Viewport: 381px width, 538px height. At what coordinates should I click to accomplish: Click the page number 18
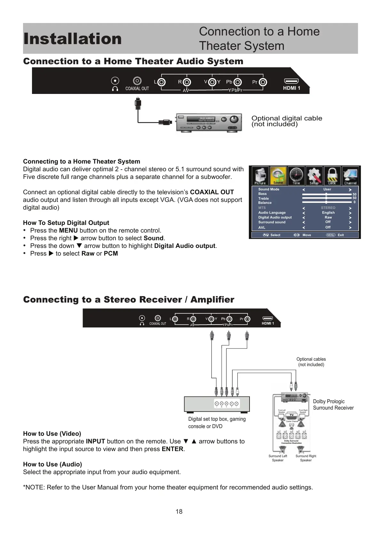[x=179, y=511]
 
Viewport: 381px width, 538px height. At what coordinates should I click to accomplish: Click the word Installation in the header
[x=72, y=39]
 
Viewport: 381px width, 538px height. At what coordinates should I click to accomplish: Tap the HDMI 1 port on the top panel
[x=291, y=81]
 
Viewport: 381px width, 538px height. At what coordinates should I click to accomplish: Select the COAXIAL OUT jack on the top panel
[x=137, y=81]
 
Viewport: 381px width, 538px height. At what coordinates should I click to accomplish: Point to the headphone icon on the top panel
[x=115, y=88]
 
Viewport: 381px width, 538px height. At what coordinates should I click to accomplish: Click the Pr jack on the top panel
[x=263, y=82]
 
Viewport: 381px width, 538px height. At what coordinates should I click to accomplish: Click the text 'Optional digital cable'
[x=287, y=118]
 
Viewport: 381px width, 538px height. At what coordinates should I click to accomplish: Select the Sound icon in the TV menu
[x=278, y=176]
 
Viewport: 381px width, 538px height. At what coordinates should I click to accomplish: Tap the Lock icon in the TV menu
[x=332, y=176]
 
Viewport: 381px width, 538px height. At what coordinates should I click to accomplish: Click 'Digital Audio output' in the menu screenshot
[x=275, y=217]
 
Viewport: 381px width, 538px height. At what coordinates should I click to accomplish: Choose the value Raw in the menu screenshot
[x=328, y=217]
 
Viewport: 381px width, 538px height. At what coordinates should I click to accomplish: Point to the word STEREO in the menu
[x=328, y=208]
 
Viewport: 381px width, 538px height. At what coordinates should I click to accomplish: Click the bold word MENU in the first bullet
[x=68, y=230]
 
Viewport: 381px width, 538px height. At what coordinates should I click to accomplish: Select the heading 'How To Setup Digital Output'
[x=66, y=223]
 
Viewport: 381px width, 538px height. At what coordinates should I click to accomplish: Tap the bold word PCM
[x=111, y=253]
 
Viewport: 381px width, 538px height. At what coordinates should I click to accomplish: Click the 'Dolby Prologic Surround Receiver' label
[x=333, y=404]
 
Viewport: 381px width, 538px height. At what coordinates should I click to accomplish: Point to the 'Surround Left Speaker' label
[x=278, y=458]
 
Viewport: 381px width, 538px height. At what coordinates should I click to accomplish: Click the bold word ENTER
[x=172, y=449]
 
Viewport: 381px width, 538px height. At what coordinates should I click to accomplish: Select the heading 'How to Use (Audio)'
[x=52, y=464]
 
